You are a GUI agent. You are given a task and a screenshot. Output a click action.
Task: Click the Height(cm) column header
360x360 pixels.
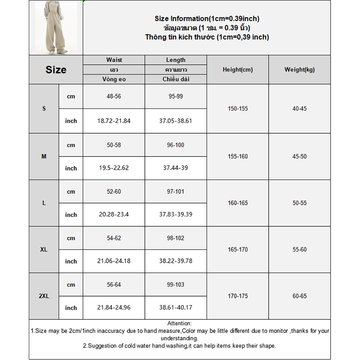click(x=238, y=70)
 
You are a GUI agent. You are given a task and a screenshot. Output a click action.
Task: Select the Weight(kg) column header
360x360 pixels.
click(x=299, y=70)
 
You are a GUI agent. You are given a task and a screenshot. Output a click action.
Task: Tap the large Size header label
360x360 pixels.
click(x=56, y=70)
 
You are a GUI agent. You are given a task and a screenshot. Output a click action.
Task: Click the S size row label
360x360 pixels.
click(x=44, y=108)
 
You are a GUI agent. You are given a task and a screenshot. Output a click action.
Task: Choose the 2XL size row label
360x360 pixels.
click(x=44, y=296)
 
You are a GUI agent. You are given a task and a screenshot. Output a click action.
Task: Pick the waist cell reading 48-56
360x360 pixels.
click(x=114, y=96)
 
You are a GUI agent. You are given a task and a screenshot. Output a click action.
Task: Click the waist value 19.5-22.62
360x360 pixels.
click(x=114, y=168)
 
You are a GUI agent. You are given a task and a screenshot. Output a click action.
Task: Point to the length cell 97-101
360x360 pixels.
click(x=175, y=192)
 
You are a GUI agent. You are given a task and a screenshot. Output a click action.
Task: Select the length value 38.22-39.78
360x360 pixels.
click(x=175, y=261)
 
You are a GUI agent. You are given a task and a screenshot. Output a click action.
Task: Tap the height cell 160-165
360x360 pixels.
click(x=238, y=203)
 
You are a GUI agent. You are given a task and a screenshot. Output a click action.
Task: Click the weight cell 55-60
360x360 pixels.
click(x=299, y=250)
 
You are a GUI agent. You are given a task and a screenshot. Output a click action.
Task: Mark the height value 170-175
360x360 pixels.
click(x=238, y=296)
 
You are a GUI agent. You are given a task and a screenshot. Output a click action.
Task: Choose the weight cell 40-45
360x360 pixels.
click(x=299, y=108)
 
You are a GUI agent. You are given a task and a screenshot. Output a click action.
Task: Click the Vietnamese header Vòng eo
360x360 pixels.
click(x=114, y=79)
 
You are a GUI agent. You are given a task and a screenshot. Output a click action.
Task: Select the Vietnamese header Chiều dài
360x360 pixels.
click(x=175, y=79)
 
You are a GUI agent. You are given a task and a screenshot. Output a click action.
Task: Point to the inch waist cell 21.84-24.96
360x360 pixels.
click(x=114, y=308)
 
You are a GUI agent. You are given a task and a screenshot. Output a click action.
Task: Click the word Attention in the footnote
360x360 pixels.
click(x=179, y=323)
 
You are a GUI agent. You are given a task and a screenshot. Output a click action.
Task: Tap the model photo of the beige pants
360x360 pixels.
click(x=56, y=28)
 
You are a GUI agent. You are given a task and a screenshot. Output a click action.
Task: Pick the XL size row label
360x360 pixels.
click(x=44, y=250)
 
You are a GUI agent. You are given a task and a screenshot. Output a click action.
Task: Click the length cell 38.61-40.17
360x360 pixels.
click(x=175, y=308)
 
